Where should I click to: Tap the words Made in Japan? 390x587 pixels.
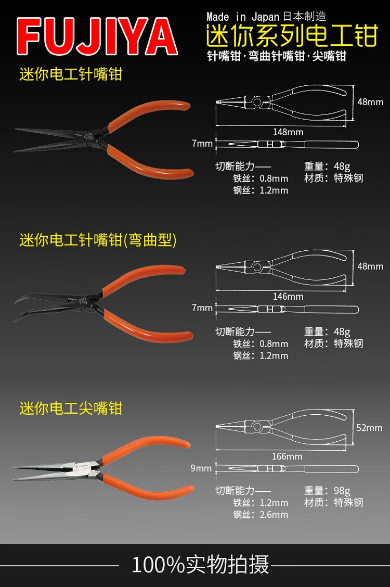(x=243, y=17)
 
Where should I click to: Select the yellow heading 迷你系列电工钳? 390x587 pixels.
(x=291, y=36)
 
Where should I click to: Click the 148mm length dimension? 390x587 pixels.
(x=288, y=132)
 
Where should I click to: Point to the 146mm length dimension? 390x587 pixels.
(x=288, y=297)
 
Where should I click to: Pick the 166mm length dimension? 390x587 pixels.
(x=287, y=456)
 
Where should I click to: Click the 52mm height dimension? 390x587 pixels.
(x=370, y=428)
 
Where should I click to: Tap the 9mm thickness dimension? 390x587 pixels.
(x=201, y=468)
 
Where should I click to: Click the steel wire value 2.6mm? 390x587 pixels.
(x=274, y=515)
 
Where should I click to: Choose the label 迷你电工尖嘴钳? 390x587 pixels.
(x=71, y=408)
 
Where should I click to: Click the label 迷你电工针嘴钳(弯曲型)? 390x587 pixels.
(x=98, y=240)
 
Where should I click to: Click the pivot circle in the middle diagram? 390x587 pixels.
(x=256, y=267)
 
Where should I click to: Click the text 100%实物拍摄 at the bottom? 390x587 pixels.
(x=200, y=565)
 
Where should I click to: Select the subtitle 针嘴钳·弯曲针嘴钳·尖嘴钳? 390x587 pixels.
(x=276, y=56)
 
